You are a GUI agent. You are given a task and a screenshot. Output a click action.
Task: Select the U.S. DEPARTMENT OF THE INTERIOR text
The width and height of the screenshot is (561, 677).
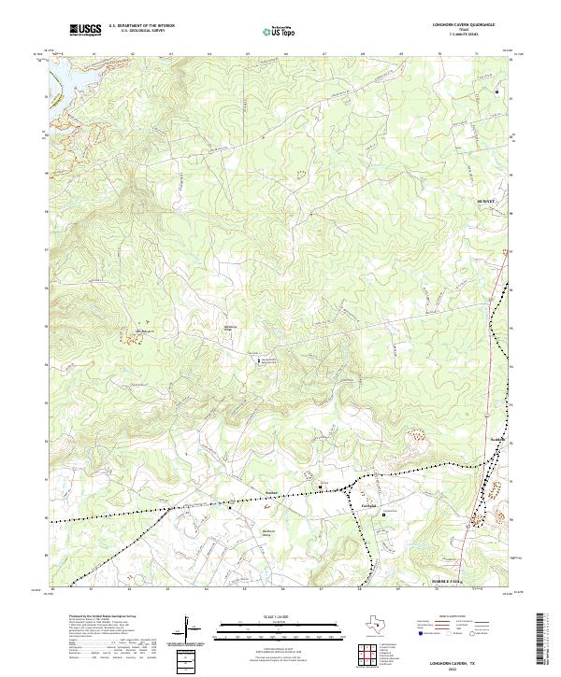(x=141, y=25)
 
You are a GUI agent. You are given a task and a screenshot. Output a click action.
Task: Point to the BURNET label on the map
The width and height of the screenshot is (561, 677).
(x=484, y=201)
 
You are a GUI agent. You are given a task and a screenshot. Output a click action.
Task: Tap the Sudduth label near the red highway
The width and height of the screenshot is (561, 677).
(x=496, y=440)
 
